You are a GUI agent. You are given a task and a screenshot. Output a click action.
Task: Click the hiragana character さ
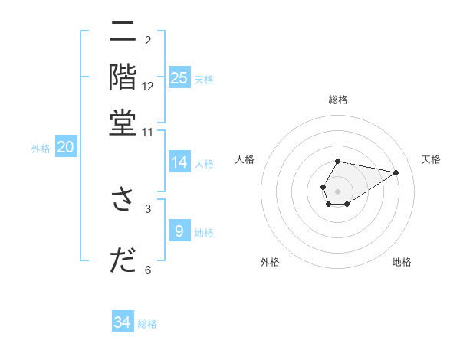point(122,198)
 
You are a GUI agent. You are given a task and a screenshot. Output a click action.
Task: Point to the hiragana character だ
point(122,260)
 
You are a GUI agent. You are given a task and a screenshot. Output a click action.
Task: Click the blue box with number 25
point(179,78)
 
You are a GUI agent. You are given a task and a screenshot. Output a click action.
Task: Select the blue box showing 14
point(179,162)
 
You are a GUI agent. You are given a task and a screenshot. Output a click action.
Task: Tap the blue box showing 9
point(179,231)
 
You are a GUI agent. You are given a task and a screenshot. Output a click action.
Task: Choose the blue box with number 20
point(65,148)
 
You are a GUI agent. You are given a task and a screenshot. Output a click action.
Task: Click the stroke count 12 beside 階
point(148,87)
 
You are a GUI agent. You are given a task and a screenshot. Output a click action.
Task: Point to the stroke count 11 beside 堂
point(148,132)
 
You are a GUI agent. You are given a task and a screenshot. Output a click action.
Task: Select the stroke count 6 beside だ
point(148,270)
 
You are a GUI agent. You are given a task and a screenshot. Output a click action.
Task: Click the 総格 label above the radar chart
point(337,100)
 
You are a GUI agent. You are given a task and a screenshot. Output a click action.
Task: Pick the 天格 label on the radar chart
point(432,159)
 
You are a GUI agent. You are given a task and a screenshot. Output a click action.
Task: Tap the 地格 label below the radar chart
point(402,262)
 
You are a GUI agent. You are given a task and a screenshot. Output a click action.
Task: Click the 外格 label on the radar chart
point(270,262)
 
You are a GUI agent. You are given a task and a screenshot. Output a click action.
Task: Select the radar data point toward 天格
point(396,172)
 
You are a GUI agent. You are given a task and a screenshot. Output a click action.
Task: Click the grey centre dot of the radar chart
point(337,190)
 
